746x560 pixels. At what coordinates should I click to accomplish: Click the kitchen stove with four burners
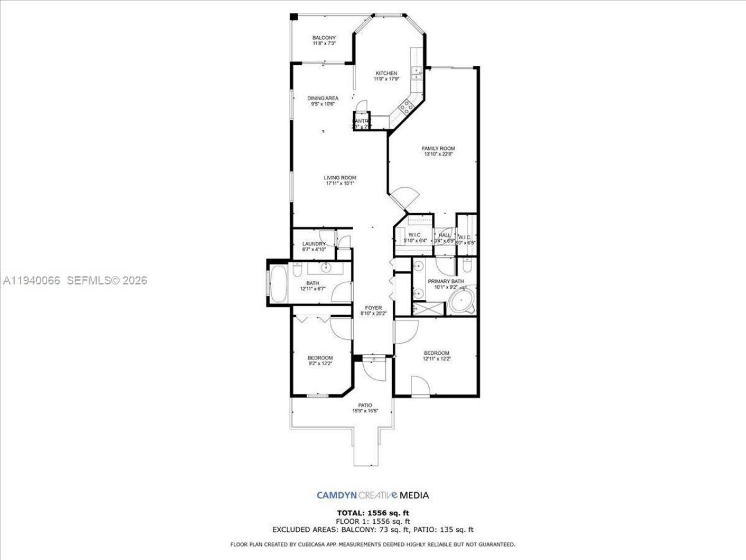pos(405,107)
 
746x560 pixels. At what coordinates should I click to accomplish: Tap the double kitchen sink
pos(417,73)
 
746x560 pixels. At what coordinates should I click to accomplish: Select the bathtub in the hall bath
pos(278,284)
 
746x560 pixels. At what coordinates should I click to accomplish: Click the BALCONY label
pos(323,38)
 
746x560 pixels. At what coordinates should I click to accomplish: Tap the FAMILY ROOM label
pos(438,148)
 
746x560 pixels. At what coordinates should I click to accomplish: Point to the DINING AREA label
pos(322,98)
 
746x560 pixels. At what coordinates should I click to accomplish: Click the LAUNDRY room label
pos(314,244)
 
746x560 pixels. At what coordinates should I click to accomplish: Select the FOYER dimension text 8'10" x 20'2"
pos(373,314)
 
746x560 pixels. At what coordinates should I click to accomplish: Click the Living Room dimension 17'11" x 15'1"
pos(340,184)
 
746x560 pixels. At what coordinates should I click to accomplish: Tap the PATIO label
pos(365,405)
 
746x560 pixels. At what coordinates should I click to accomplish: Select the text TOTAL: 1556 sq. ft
pos(372,513)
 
